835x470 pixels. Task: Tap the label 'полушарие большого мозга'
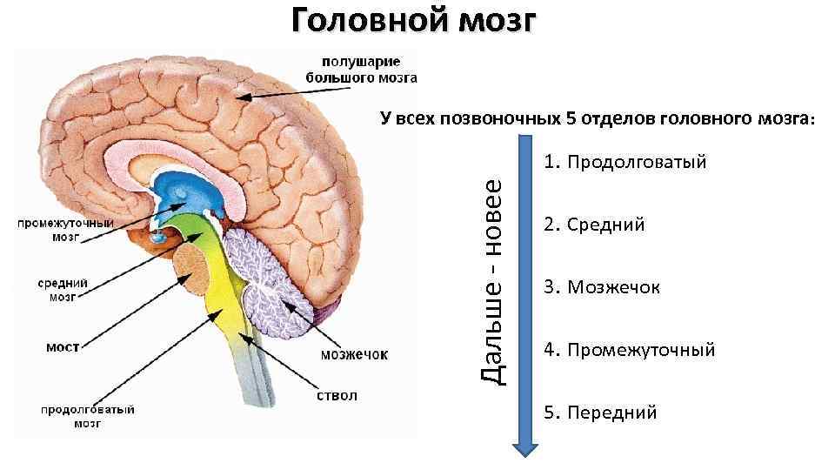[x=361, y=70]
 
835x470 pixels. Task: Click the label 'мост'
[x=63, y=346]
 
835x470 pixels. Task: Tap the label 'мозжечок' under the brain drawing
[x=355, y=354]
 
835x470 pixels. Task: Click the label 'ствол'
[x=336, y=396]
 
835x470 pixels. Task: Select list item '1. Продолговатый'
[x=625, y=163]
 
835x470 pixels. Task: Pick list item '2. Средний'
[x=594, y=225]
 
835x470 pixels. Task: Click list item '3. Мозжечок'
[x=602, y=287]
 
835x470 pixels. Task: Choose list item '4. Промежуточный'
[x=630, y=351]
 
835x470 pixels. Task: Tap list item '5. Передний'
[x=600, y=413]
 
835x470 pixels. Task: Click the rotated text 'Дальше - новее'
[x=492, y=280]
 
